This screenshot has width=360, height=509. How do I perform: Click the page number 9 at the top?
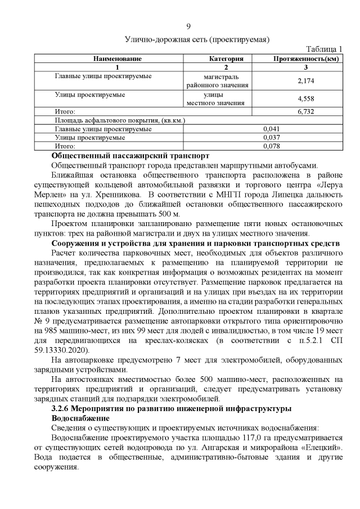click(188, 26)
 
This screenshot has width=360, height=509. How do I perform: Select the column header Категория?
click(226, 58)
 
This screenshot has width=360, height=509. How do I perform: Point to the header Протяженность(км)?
click(305, 58)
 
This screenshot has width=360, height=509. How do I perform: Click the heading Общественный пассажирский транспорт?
click(130, 155)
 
